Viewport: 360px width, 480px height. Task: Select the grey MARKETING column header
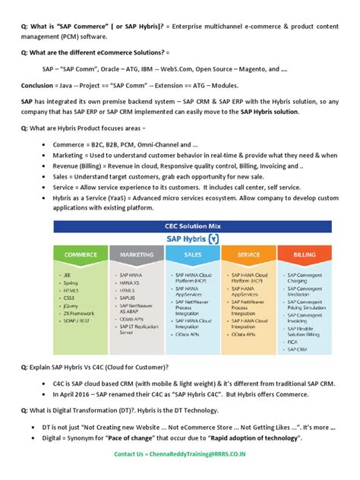[136, 255]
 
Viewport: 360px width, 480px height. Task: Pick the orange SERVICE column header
[248, 255]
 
